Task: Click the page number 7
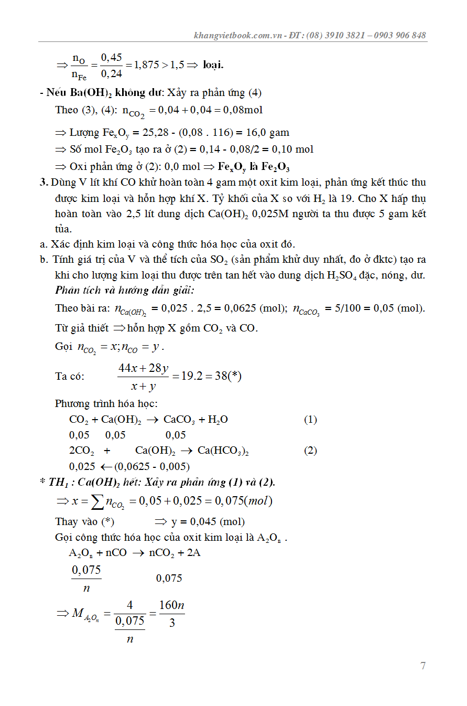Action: click(x=423, y=666)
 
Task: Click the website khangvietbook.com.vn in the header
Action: click(x=238, y=36)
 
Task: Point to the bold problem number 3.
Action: click(x=44, y=183)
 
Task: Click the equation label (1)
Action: click(x=310, y=420)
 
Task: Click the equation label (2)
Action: click(x=310, y=451)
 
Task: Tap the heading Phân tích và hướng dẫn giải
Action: click(x=125, y=290)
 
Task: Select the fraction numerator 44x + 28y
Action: click(x=143, y=368)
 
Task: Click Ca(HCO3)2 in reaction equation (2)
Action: click(x=223, y=451)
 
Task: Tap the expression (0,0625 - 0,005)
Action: click(x=152, y=466)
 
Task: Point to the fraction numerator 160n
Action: click(x=172, y=605)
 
